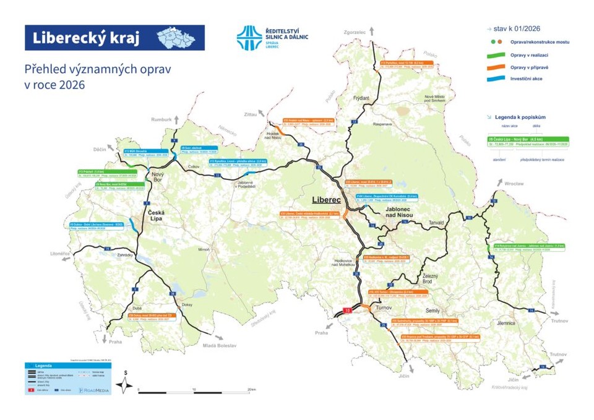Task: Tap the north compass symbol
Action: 126,384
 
